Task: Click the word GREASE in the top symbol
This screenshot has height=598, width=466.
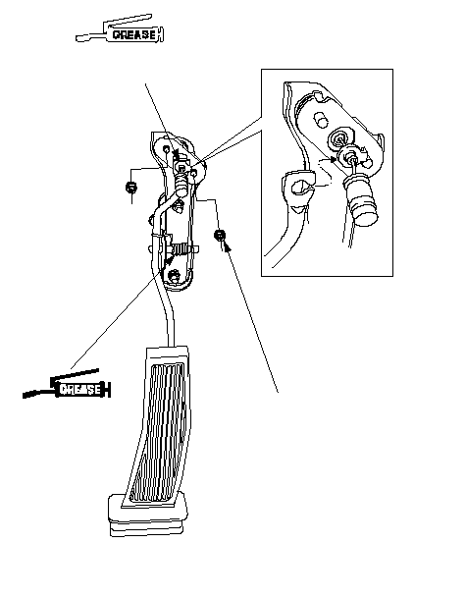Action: tap(134, 34)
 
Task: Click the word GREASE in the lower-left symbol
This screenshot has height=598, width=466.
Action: tap(80, 390)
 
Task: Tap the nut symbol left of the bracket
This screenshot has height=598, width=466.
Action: tap(131, 188)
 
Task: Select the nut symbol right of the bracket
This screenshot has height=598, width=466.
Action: tap(220, 235)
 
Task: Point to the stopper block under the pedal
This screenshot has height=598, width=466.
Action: tap(148, 515)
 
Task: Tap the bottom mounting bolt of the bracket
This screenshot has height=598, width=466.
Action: tap(175, 276)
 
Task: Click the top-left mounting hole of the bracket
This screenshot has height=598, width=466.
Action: tap(167, 148)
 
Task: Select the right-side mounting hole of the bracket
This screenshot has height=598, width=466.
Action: tap(194, 173)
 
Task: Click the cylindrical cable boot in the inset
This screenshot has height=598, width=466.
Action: tap(361, 201)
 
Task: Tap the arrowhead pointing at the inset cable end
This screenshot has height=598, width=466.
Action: tap(334, 159)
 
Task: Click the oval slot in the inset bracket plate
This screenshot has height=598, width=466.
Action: tap(321, 120)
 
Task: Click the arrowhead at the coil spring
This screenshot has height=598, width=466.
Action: tap(170, 259)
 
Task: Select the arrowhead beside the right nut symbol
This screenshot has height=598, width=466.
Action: tap(228, 247)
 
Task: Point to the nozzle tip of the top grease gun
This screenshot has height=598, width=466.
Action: tap(78, 38)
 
